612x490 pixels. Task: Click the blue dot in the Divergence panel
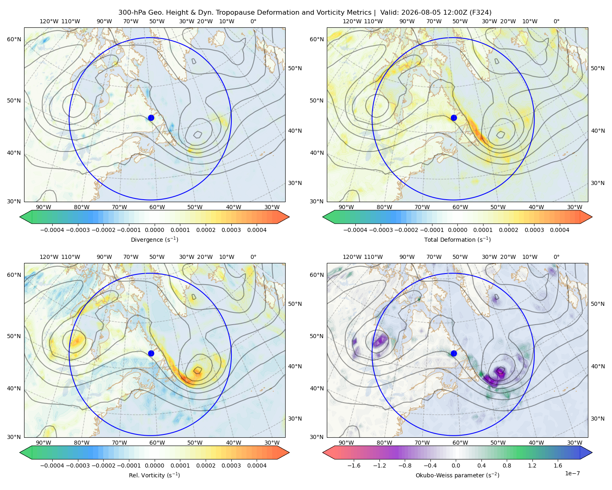tap(151, 118)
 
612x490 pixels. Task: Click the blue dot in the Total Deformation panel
tap(454, 118)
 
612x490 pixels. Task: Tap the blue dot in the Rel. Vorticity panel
tap(151, 353)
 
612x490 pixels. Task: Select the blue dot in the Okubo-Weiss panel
tap(454, 353)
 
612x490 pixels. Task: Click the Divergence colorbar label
tap(154, 239)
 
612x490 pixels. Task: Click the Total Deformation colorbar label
tap(457, 239)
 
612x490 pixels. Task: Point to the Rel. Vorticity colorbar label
tap(154, 475)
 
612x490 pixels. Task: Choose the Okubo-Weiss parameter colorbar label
tap(457, 475)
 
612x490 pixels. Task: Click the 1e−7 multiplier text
tap(572, 473)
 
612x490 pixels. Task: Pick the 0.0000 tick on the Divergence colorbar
tap(154, 230)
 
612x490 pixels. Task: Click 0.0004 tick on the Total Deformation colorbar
tap(559, 230)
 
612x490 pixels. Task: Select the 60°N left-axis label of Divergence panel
tap(14, 39)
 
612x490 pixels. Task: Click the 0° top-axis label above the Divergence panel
tap(253, 21)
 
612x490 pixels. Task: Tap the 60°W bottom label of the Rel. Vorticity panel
tap(157, 443)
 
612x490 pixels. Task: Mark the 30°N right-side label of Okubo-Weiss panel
tap(597, 418)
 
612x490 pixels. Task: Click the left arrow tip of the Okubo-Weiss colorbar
tap(323, 452)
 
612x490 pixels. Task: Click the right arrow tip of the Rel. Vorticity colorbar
tap(289, 452)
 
